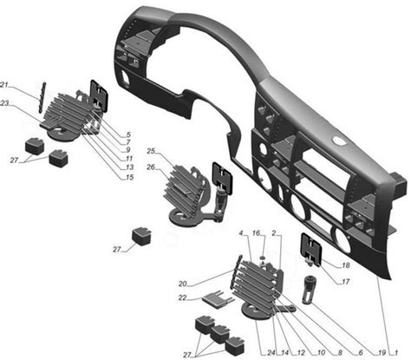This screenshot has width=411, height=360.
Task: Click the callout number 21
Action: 4,85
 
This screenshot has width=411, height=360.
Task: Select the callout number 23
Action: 4,103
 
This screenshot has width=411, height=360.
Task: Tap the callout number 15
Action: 130,177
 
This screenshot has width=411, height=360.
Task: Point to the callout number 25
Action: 151,151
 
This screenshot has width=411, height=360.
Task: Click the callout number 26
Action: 151,167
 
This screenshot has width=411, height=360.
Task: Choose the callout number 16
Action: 256,233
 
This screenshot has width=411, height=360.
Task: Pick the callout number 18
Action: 346,265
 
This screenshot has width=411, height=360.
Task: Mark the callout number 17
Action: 346,281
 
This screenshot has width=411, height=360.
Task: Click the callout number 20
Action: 183,284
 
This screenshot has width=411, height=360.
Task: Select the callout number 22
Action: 183,298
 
